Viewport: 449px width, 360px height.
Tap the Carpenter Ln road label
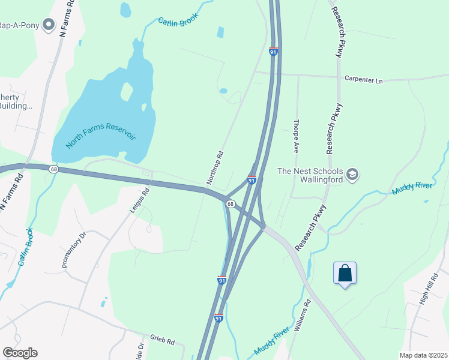tap(363, 79)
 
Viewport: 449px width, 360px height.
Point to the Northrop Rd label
tap(215, 167)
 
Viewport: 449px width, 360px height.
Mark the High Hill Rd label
tap(424, 293)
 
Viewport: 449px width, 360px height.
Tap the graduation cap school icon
tap(352, 175)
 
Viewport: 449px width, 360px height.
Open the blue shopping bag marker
tap(345, 274)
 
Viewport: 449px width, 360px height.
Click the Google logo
tap(20, 353)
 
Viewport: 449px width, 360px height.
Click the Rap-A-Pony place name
tap(19, 25)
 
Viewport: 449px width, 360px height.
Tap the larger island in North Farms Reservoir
tap(127, 91)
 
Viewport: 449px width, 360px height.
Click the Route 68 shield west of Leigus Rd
tap(54, 169)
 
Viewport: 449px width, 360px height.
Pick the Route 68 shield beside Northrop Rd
tap(230, 204)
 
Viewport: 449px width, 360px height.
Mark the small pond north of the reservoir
tap(125, 10)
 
